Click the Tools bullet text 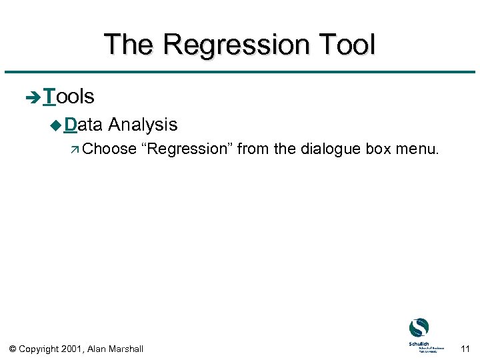pyautogui.click(x=68, y=97)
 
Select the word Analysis pyautogui.click(x=143, y=125)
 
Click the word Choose pyautogui.click(x=109, y=149)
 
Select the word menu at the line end pyautogui.click(x=418, y=149)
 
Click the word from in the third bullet pyautogui.click(x=253, y=149)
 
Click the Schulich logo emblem pyautogui.click(x=419, y=328)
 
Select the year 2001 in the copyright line pyautogui.click(x=72, y=348)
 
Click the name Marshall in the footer pyautogui.click(x=124, y=348)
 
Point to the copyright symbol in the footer pyautogui.click(x=13, y=348)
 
